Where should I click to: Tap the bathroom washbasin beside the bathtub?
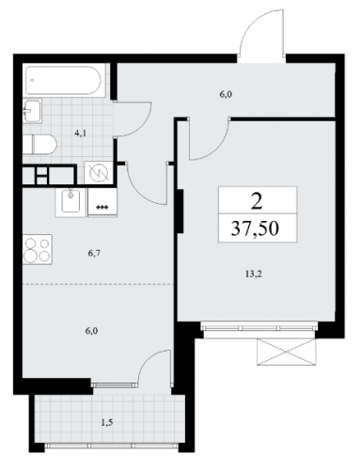pyautogui.click(x=32, y=111)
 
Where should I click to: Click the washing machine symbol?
pyautogui.click(x=99, y=172)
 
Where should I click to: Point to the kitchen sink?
pyautogui.click(x=70, y=202)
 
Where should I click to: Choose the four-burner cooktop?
pyautogui.click(x=38, y=249)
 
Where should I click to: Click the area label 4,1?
pyautogui.click(x=81, y=133)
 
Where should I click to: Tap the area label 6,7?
pyautogui.click(x=94, y=253)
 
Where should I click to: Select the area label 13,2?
pyautogui.click(x=254, y=274)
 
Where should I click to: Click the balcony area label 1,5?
pyautogui.click(x=107, y=423)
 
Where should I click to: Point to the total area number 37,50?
pyautogui.click(x=255, y=229)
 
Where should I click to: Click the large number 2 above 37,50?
pyautogui.click(x=257, y=201)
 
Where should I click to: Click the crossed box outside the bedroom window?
pyautogui.click(x=285, y=352)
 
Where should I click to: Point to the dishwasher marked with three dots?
pyautogui.click(x=102, y=202)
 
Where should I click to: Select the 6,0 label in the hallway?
pyautogui.click(x=226, y=95)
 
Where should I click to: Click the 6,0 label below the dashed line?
pyautogui.click(x=92, y=331)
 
